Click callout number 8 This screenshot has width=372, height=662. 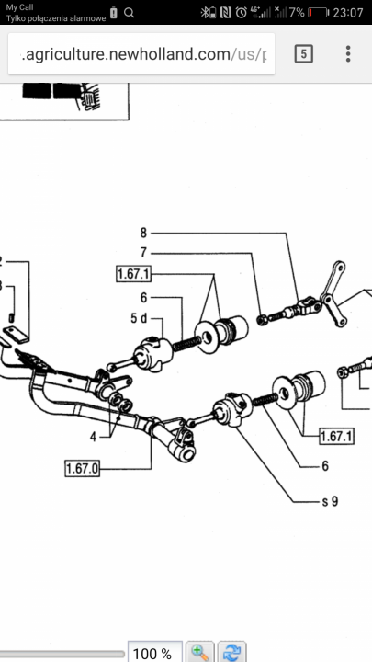pos(143,233)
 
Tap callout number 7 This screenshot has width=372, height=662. pos(143,253)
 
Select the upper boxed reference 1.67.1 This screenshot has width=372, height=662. pos(133,274)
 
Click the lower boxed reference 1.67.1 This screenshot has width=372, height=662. pos(336,436)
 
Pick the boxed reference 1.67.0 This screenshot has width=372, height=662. pos(83,469)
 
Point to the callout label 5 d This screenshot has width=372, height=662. pos(139,318)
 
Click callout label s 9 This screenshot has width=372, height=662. pos(330,501)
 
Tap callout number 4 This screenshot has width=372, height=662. pos(93,437)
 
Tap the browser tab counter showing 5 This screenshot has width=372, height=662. pos(304,54)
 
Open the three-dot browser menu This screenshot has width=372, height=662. pos(348,54)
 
